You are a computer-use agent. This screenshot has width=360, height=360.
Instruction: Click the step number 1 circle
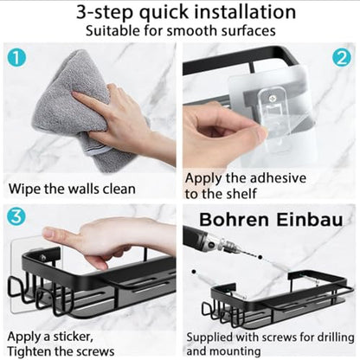pyautogui.click(x=16, y=57)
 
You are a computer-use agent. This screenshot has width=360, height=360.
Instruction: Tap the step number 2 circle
pyautogui.click(x=342, y=58)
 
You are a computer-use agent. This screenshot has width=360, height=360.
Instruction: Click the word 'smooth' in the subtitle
pyautogui.click(x=193, y=30)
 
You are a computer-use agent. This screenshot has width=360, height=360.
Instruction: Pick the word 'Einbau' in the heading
pyautogui.click(x=310, y=220)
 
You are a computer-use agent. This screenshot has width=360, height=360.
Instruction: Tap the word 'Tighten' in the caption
pyautogui.click(x=29, y=351)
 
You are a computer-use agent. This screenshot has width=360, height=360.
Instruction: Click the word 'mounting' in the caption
pyautogui.click(x=235, y=351)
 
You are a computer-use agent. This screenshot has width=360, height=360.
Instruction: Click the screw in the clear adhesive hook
pyautogui.click(x=273, y=99)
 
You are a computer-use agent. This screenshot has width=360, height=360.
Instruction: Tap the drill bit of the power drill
pyautogui.click(x=248, y=253)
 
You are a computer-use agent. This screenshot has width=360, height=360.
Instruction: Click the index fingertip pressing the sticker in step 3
pyautogui.click(x=47, y=232)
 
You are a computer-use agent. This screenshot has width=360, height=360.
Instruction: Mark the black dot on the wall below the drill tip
pyautogui.click(x=194, y=272)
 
